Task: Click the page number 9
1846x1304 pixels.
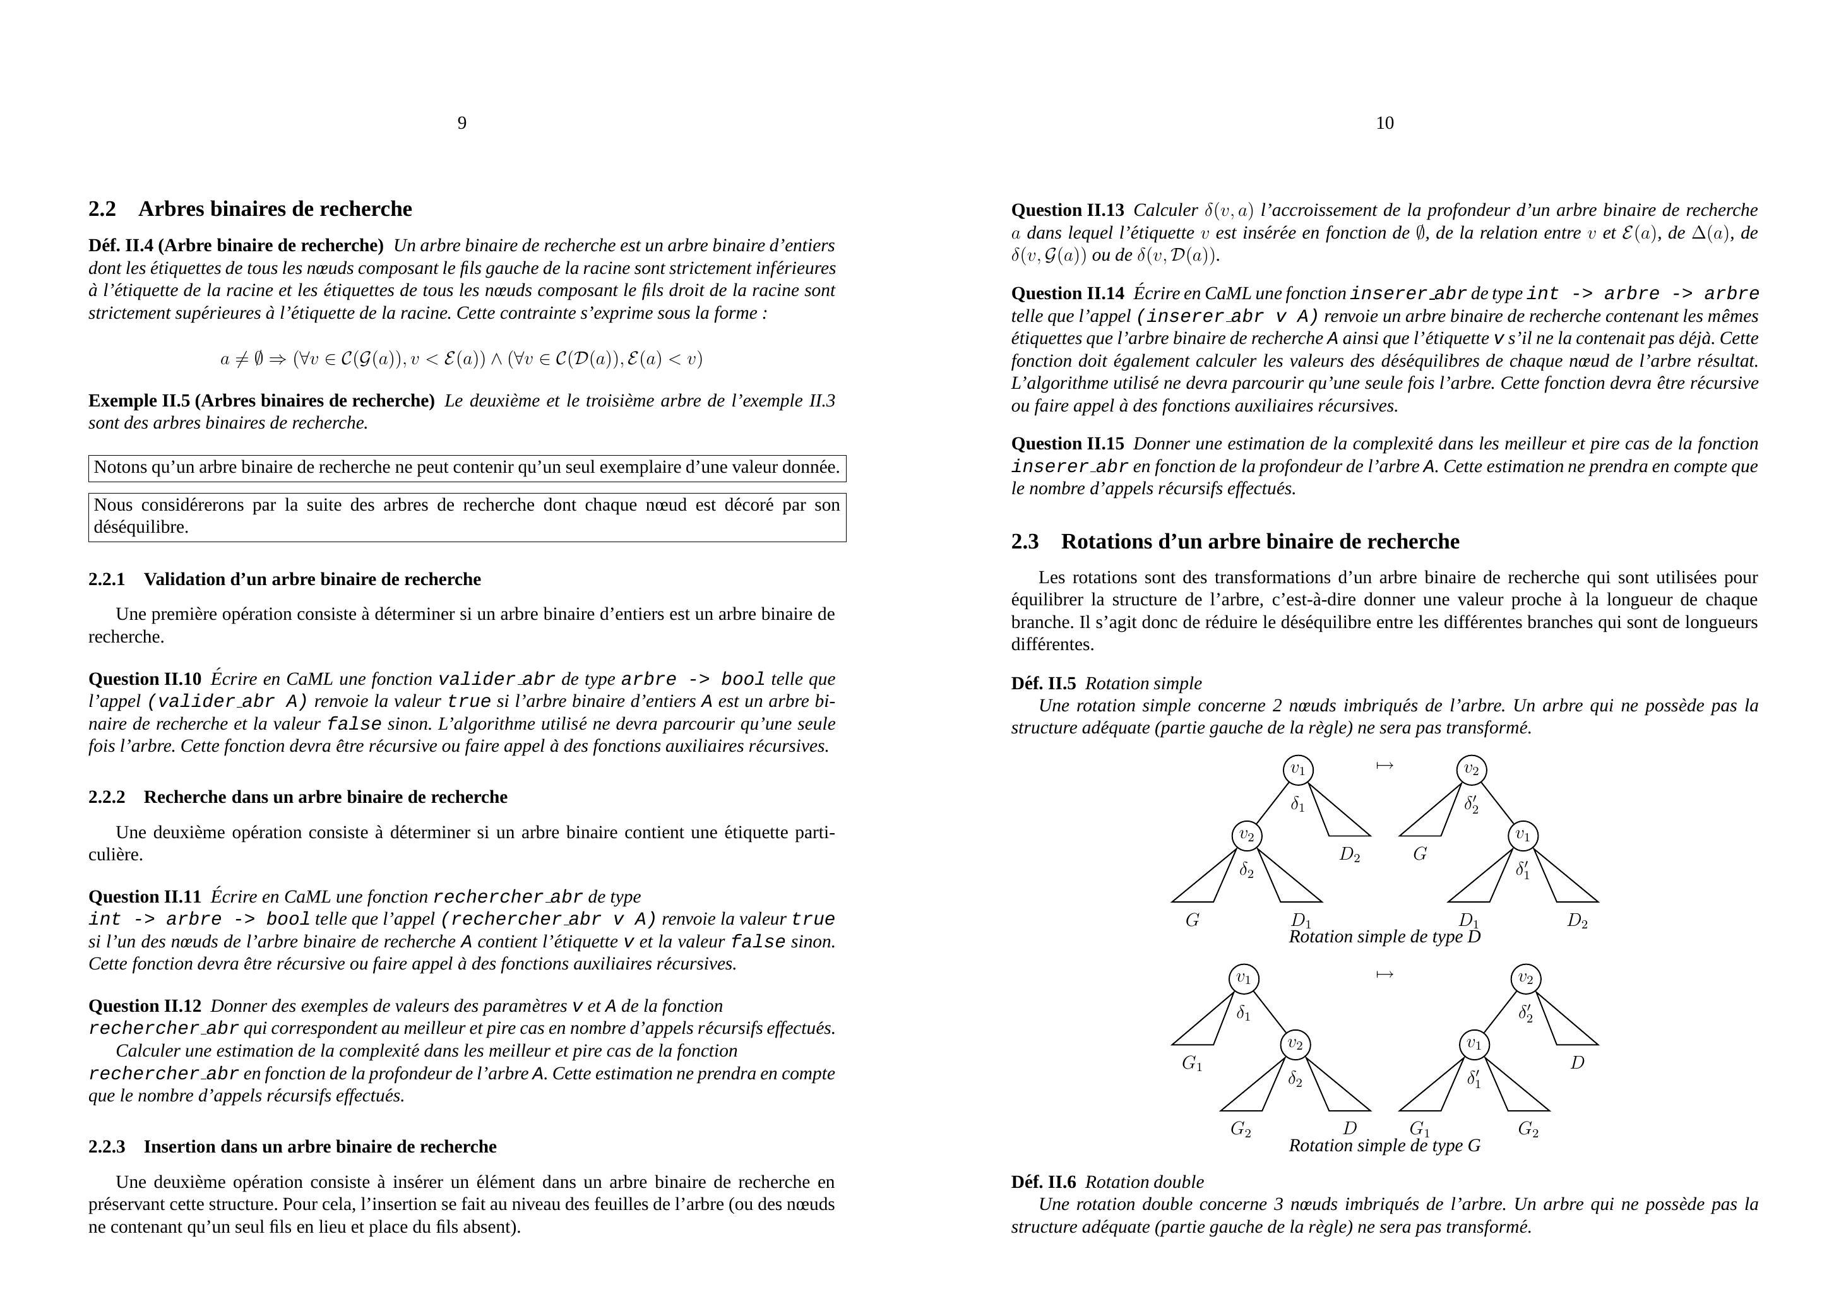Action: point(462,123)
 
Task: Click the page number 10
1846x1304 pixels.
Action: point(1384,123)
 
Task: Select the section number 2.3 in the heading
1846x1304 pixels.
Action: point(1025,542)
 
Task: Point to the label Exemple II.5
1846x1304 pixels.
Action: point(140,400)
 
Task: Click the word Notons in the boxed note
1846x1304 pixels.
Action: point(119,467)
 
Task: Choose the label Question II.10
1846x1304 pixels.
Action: point(145,679)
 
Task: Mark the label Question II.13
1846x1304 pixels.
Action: point(1068,211)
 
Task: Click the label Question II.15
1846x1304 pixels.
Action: point(1068,444)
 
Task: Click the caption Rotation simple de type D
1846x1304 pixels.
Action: point(1384,937)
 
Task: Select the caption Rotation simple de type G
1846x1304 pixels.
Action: point(1384,1146)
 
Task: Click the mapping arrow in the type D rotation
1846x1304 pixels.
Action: point(1384,766)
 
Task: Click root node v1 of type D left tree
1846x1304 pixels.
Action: point(1297,770)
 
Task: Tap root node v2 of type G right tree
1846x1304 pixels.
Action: point(1526,979)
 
